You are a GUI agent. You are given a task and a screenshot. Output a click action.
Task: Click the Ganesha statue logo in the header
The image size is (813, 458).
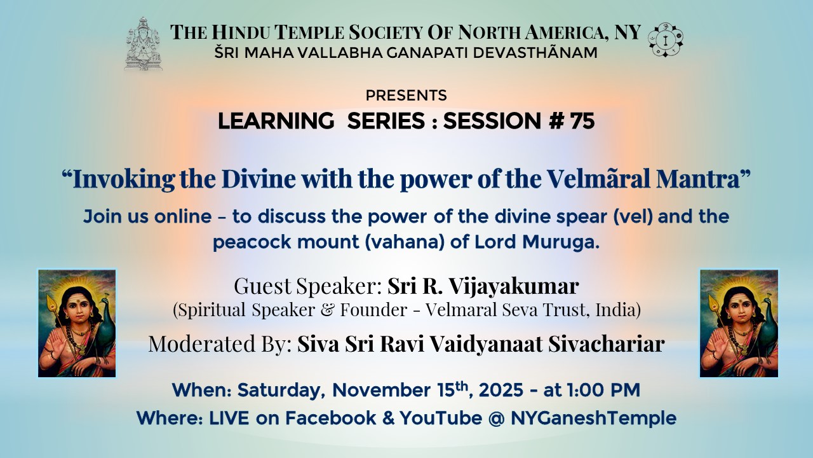[144, 43]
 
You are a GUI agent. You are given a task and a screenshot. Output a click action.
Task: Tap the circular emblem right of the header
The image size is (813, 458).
[666, 40]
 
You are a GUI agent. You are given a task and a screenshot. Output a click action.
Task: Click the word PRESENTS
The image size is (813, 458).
[406, 95]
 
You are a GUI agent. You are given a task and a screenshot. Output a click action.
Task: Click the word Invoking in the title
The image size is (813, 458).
[123, 179]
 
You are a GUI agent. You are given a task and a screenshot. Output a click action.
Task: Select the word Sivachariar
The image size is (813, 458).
[607, 343]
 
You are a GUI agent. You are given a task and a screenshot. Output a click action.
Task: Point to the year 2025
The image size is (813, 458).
[501, 391]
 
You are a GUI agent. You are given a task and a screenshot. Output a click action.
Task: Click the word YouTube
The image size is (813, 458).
[441, 418]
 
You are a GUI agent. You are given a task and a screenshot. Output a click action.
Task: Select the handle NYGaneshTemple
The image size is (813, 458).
[593, 419]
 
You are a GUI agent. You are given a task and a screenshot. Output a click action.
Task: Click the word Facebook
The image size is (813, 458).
[331, 418]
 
